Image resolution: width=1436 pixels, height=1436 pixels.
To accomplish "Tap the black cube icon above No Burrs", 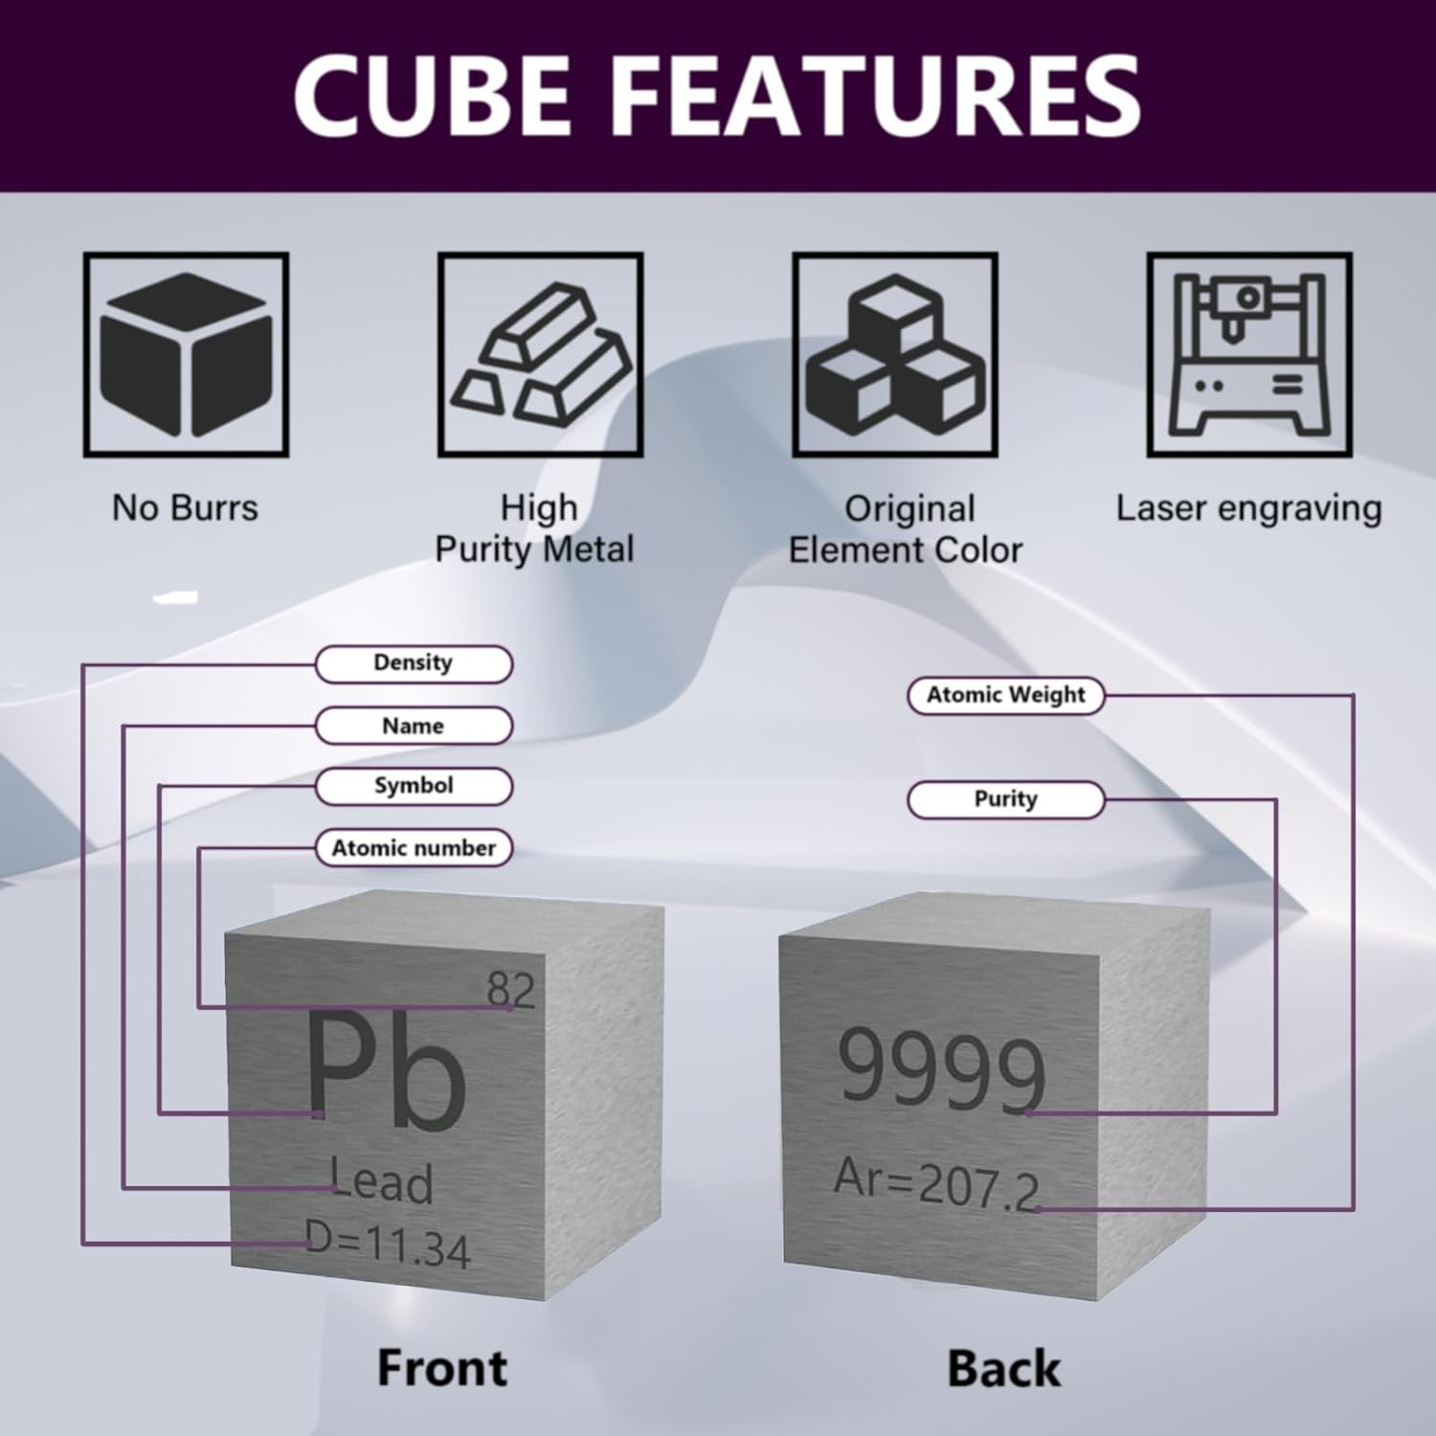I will (186, 355).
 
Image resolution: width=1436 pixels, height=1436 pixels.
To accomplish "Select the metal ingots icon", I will (540, 355).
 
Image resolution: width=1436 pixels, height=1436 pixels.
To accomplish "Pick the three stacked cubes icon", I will (895, 355).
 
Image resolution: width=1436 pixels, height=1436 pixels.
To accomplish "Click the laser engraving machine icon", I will (1249, 355).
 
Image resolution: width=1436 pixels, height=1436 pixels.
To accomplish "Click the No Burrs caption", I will (185, 507).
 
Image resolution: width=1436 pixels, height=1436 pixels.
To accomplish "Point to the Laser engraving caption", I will (1248, 507).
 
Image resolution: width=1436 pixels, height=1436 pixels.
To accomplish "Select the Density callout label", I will (414, 663).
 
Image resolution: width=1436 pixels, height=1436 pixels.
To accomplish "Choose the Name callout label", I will (414, 726).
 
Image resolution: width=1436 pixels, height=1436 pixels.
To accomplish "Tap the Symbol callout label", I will (414, 786).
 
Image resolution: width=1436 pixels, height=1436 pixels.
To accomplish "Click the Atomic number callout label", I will (414, 848).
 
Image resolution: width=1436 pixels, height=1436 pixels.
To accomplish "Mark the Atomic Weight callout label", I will (1005, 695).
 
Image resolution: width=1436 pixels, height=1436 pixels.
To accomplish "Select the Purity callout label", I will (1005, 799).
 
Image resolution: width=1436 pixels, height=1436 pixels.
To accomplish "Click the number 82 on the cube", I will (510, 989).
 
